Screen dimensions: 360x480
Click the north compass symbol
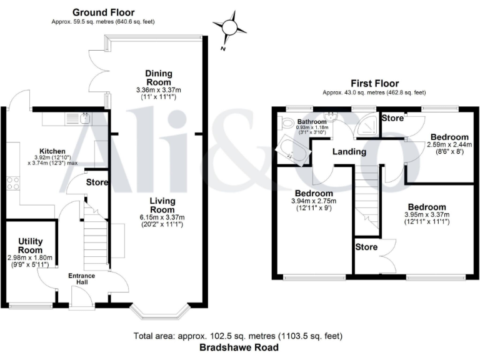229,28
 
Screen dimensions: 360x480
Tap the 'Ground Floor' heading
103,12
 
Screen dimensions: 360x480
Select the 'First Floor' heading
374,83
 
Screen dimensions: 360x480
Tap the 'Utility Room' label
29,244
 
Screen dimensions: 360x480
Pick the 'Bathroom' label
311,122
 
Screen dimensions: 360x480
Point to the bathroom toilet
287,123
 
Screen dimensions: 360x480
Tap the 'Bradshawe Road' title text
239,347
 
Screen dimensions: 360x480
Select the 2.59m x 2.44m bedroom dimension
449,145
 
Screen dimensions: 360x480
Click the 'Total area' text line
239,336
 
